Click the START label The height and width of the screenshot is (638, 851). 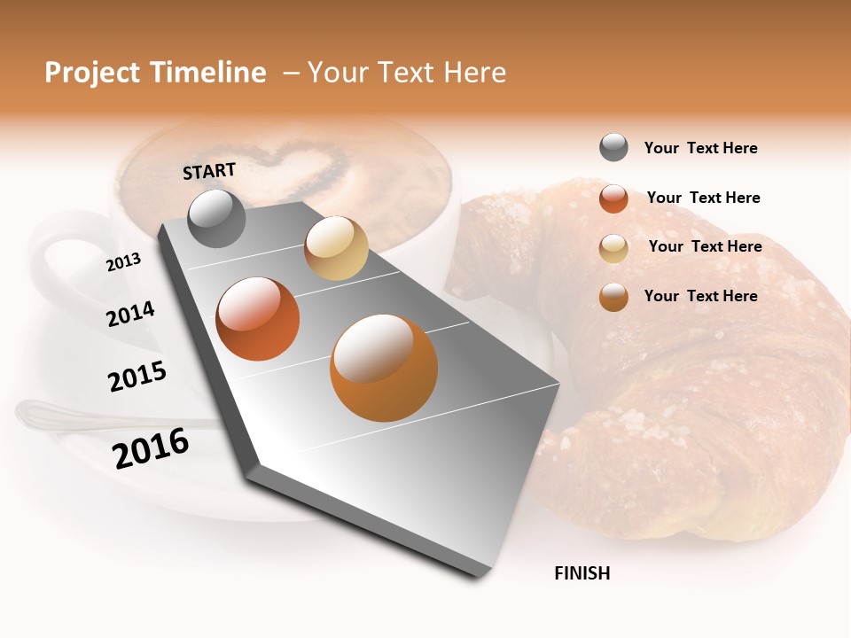209,170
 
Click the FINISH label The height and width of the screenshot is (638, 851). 582,573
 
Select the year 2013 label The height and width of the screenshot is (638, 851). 123,261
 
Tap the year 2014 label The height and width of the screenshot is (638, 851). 130,314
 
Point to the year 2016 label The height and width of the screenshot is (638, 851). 151,448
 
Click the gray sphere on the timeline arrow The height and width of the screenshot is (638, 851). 216,219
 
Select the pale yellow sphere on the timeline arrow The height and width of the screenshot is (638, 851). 336,248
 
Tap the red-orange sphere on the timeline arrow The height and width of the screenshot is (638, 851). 257,319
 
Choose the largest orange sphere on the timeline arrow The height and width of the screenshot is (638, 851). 383,368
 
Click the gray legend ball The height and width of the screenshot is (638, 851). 613,148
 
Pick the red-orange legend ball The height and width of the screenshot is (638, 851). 613,198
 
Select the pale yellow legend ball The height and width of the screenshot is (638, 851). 613,247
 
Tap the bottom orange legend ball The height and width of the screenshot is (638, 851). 613,297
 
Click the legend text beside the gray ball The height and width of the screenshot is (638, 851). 700,148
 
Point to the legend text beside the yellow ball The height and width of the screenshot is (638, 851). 705,246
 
